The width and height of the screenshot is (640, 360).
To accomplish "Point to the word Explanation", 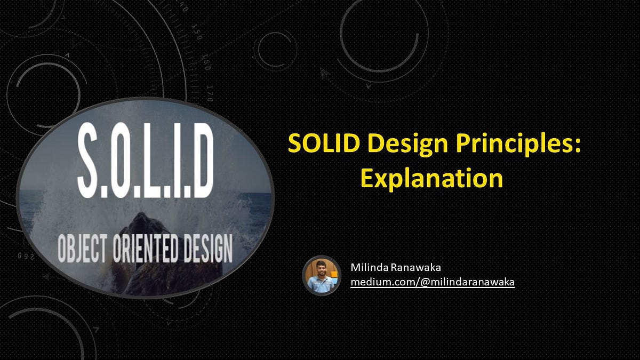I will coord(431,178).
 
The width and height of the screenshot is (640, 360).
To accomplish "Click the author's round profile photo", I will coord(322,275).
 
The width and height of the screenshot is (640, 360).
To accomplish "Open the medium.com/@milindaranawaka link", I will coord(432,282).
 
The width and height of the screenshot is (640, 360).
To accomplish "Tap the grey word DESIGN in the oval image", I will coord(206,249).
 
